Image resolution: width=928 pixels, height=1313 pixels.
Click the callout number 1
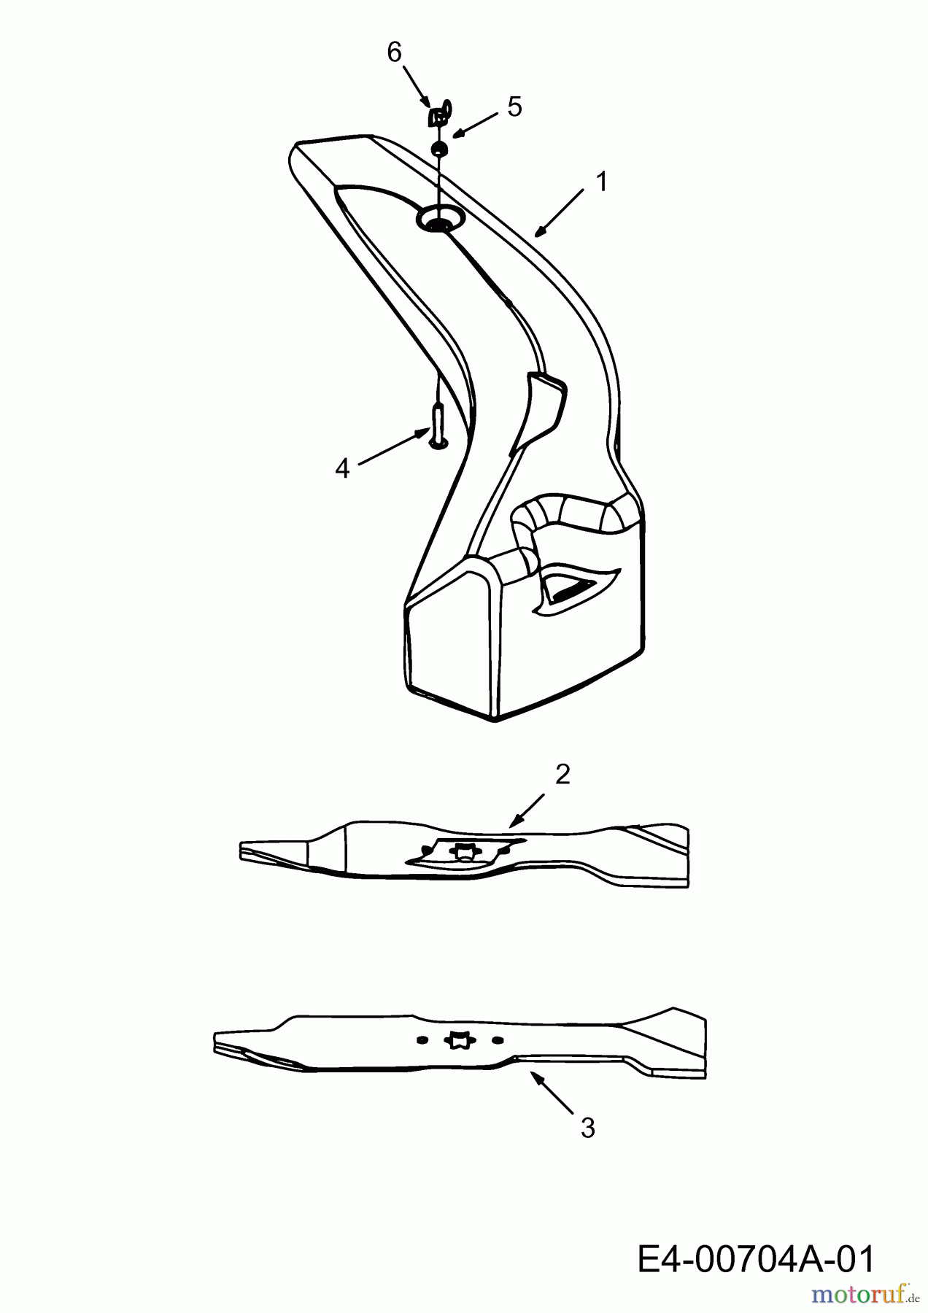click(x=601, y=182)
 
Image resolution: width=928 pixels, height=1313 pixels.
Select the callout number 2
click(x=562, y=775)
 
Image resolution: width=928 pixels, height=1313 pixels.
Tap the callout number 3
click(x=587, y=1128)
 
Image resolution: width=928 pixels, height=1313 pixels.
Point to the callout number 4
click(x=342, y=468)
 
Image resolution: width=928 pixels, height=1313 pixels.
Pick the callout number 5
click(x=514, y=107)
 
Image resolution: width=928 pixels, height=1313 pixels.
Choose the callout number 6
click(x=394, y=53)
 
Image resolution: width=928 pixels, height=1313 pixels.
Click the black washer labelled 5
click(x=439, y=150)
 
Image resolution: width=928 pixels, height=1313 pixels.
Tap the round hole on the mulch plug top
click(x=439, y=219)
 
